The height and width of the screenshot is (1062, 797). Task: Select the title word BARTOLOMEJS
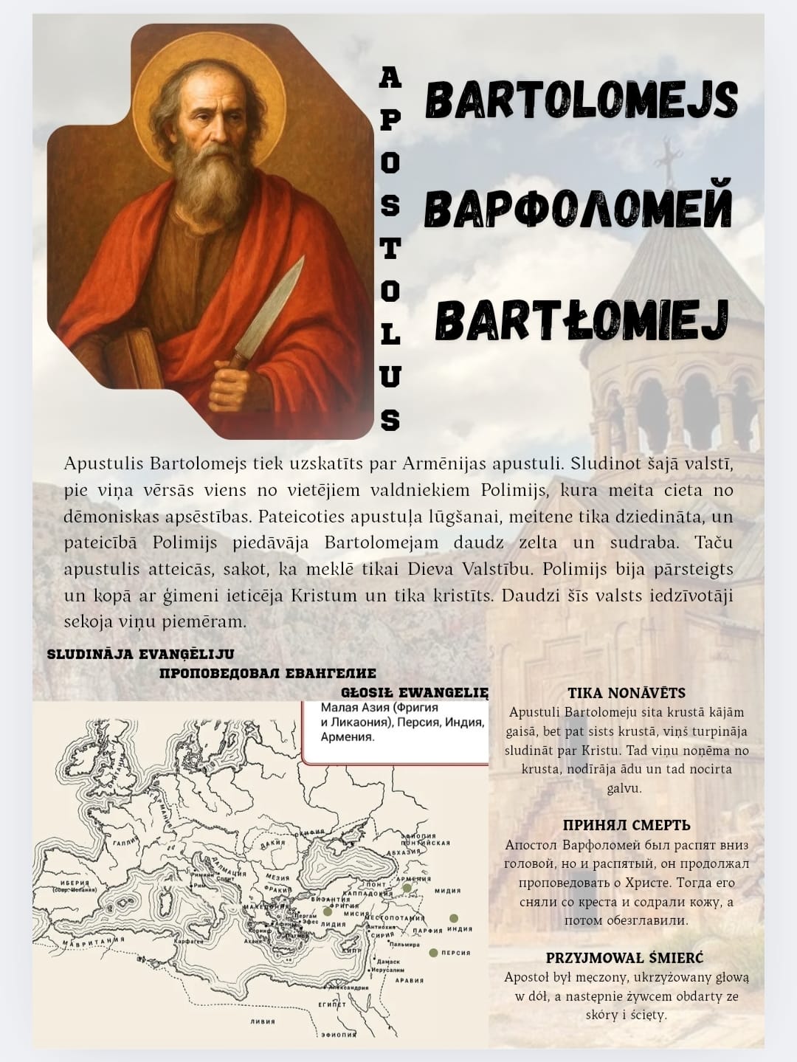[x=582, y=100]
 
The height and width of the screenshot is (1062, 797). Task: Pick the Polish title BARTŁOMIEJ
[x=582, y=320]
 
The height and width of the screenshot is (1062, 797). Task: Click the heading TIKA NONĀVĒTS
[x=627, y=693]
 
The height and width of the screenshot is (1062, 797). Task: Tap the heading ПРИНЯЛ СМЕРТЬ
[x=627, y=825]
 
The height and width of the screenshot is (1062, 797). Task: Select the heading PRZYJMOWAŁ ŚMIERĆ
[x=625, y=958]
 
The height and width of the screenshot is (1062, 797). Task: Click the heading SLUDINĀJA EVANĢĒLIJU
[x=140, y=654]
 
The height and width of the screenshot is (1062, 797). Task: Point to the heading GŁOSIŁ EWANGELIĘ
[x=415, y=693]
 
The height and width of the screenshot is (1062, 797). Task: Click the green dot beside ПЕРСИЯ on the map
[x=434, y=953]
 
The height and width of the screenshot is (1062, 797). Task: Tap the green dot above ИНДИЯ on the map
[x=453, y=918]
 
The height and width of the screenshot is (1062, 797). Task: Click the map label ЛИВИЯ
[x=262, y=1021]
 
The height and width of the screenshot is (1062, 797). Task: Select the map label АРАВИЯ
[x=409, y=980]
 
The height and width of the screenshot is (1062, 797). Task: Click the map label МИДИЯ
[x=447, y=891]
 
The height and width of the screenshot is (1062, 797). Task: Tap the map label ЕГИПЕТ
[x=331, y=1004]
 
